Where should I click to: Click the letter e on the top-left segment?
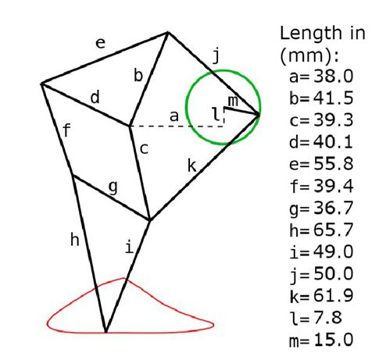click(x=101, y=43)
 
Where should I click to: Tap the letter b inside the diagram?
click(x=138, y=75)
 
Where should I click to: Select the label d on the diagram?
click(x=95, y=98)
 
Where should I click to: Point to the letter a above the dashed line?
click(x=174, y=116)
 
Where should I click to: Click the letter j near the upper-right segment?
click(x=216, y=56)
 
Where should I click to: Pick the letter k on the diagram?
click(x=192, y=166)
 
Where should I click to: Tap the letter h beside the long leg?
click(x=75, y=240)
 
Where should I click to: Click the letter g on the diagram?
click(x=113, y=187)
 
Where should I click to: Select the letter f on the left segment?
click(x=67, y=130)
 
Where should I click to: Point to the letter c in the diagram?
click(x=144, y=149)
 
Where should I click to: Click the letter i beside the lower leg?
click(x=130, y=248)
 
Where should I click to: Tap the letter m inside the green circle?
click(x=233, y=101)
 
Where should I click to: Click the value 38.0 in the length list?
click(x=334, y=77)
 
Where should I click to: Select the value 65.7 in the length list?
click(x=334, y=230)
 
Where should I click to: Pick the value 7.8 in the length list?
click(x=328, y=318)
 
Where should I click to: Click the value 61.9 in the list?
click(x=334, y=296)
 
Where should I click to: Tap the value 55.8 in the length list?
click(x=334, y=164)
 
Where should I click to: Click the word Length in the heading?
click(x=311, y=34)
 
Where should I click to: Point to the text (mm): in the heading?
click(x=309, y=55)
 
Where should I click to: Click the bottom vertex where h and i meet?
click(x=105, y=332)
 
